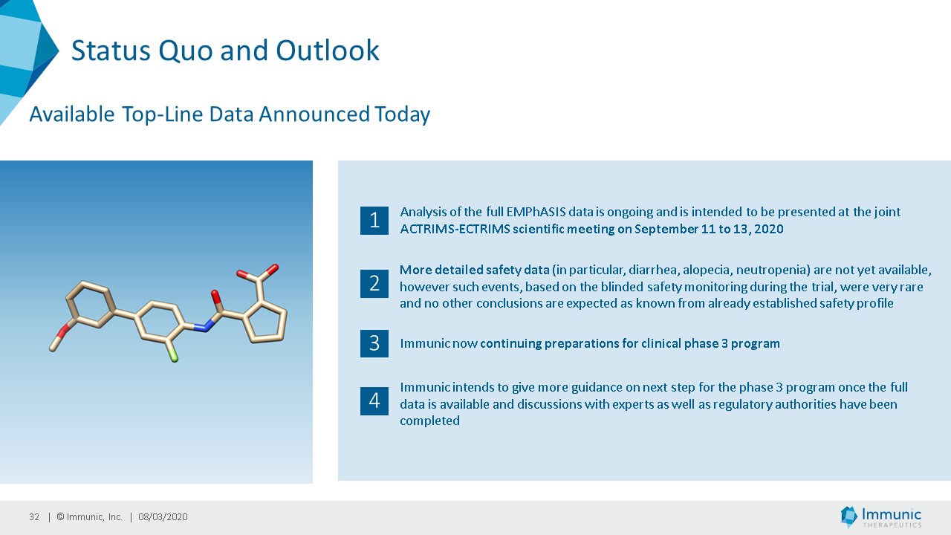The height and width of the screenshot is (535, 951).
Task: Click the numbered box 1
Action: (374, 221)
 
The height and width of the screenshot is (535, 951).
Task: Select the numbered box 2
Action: (374, 284)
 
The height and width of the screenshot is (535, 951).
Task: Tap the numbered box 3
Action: (374, 343)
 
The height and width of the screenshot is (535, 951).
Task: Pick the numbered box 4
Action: (374, 401)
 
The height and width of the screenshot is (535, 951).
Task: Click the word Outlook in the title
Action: (328, 51)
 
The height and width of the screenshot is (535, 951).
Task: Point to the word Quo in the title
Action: (186, 51)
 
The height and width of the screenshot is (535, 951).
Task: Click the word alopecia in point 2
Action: (707, 270)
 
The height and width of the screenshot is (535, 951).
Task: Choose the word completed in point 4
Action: (429, 421)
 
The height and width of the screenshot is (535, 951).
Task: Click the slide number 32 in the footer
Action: (34, 516)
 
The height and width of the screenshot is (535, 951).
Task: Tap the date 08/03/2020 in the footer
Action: (163, 516)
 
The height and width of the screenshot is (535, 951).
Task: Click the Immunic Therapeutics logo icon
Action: (848, 516)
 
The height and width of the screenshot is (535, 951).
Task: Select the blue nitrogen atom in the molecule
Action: (203, 326)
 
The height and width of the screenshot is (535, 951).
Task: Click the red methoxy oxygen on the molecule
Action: (64, 331)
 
